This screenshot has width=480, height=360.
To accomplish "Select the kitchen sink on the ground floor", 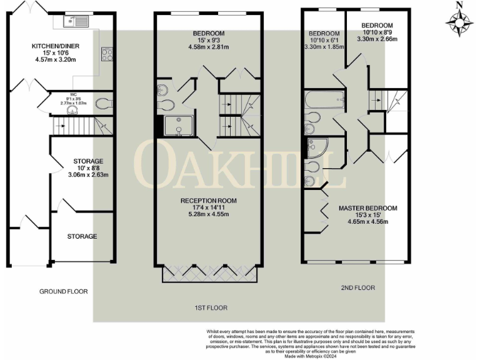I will coord(79,22).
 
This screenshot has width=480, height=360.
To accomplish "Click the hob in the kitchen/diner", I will coord(107,54).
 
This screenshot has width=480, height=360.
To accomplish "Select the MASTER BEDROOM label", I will coord(367,207).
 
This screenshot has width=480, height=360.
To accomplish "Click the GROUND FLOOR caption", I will coord(64,291).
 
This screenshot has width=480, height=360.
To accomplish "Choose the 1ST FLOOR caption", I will coord(210,308).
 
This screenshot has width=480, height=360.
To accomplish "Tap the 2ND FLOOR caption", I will coord(357,287).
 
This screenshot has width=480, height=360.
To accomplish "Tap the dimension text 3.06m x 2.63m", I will coord(87,175).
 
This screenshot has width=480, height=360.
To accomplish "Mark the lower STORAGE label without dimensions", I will coord(82,236).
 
